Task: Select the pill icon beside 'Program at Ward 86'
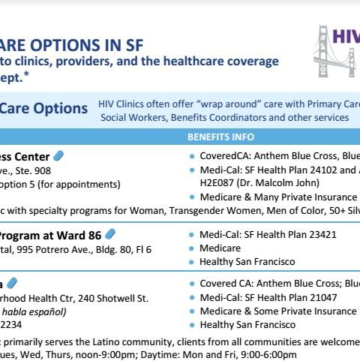point(111,235)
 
